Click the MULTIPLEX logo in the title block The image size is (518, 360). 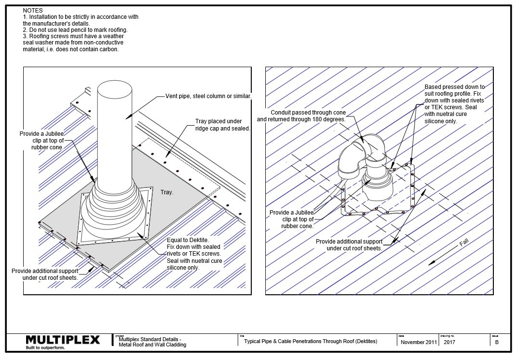[62, 339]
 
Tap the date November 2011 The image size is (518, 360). [418, 342]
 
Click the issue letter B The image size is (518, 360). [497, 342]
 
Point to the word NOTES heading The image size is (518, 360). [33, 10]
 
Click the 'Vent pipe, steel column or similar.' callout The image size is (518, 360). [208, 96]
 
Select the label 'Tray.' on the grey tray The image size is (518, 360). [167, 192]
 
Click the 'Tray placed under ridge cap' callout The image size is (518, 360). [222, 125]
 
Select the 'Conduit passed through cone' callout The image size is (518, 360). [302, 116]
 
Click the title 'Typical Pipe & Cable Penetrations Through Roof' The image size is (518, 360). [310, 341]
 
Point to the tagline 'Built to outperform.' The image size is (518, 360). [44, 347]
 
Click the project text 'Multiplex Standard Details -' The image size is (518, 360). [150, 340]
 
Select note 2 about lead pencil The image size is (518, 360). [75, 30]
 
